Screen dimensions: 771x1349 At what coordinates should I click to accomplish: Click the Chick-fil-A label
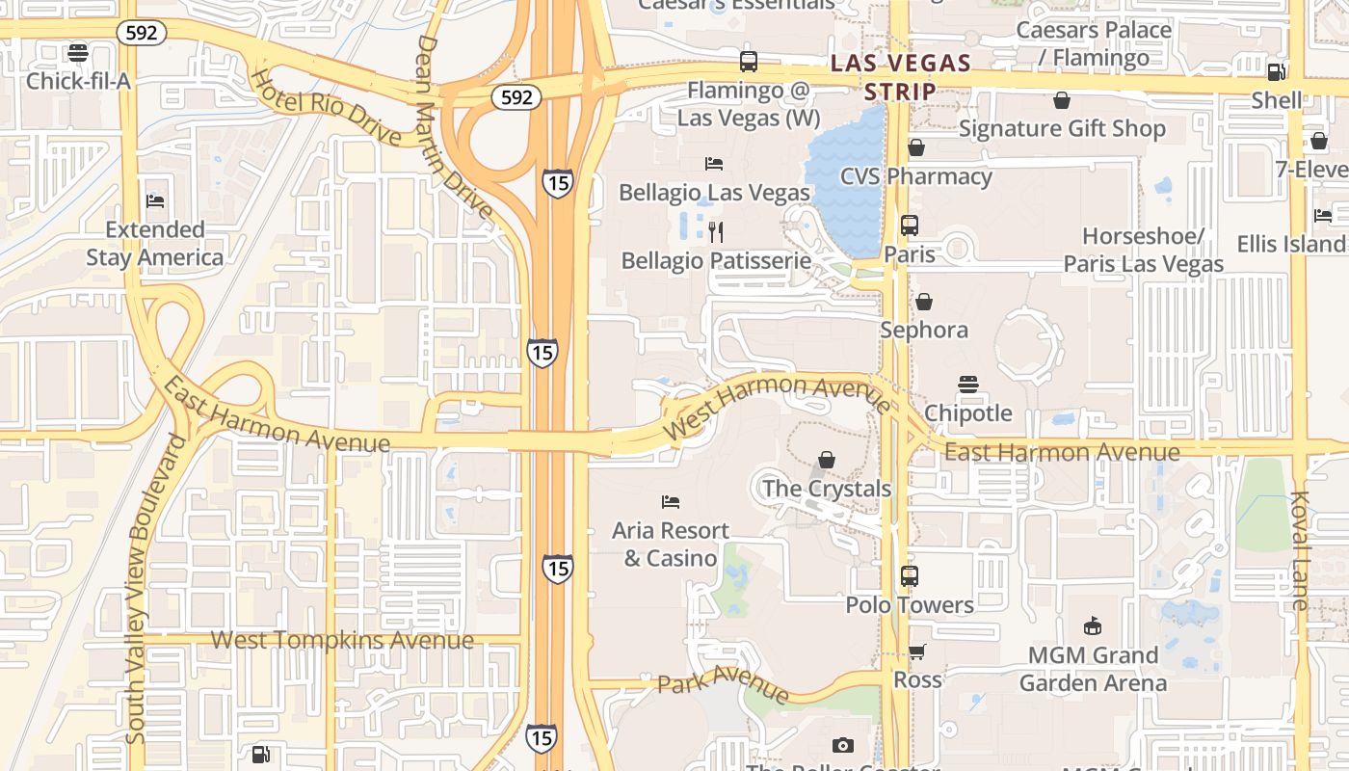[x=77, y=80]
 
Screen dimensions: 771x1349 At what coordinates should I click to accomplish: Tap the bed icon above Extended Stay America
[x=155, y=200]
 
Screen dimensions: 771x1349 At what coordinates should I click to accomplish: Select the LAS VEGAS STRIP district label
[x=900, y=77]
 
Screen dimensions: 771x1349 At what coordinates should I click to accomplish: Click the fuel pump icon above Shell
[x=1276, y=71]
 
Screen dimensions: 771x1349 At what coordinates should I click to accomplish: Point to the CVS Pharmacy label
[x=915, y=176]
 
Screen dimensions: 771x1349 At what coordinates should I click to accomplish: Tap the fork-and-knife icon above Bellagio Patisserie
[x=715, y=231]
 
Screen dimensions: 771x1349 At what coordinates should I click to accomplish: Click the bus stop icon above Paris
[x=909, y=226]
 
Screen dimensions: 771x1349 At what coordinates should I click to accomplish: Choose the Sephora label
[x=923, y=330]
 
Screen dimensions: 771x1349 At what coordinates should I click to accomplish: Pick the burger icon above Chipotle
[x=968, y=385]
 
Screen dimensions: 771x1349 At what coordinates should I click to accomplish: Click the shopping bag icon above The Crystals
[x=826, y=460]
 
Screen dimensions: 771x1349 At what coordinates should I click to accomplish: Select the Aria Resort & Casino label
[x=671, y=544]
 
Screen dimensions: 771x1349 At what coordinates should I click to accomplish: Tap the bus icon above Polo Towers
[x=909, y=576]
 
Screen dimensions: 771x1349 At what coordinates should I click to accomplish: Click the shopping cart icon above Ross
[x=916, y=651]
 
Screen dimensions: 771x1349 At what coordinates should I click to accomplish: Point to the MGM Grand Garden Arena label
[x=1093, y=669]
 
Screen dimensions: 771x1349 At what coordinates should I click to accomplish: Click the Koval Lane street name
[x=1300, y=550]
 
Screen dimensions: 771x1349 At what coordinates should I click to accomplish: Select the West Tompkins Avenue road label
[x=342, y=640]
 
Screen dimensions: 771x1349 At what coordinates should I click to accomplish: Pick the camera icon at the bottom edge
[x=842, y=745]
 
